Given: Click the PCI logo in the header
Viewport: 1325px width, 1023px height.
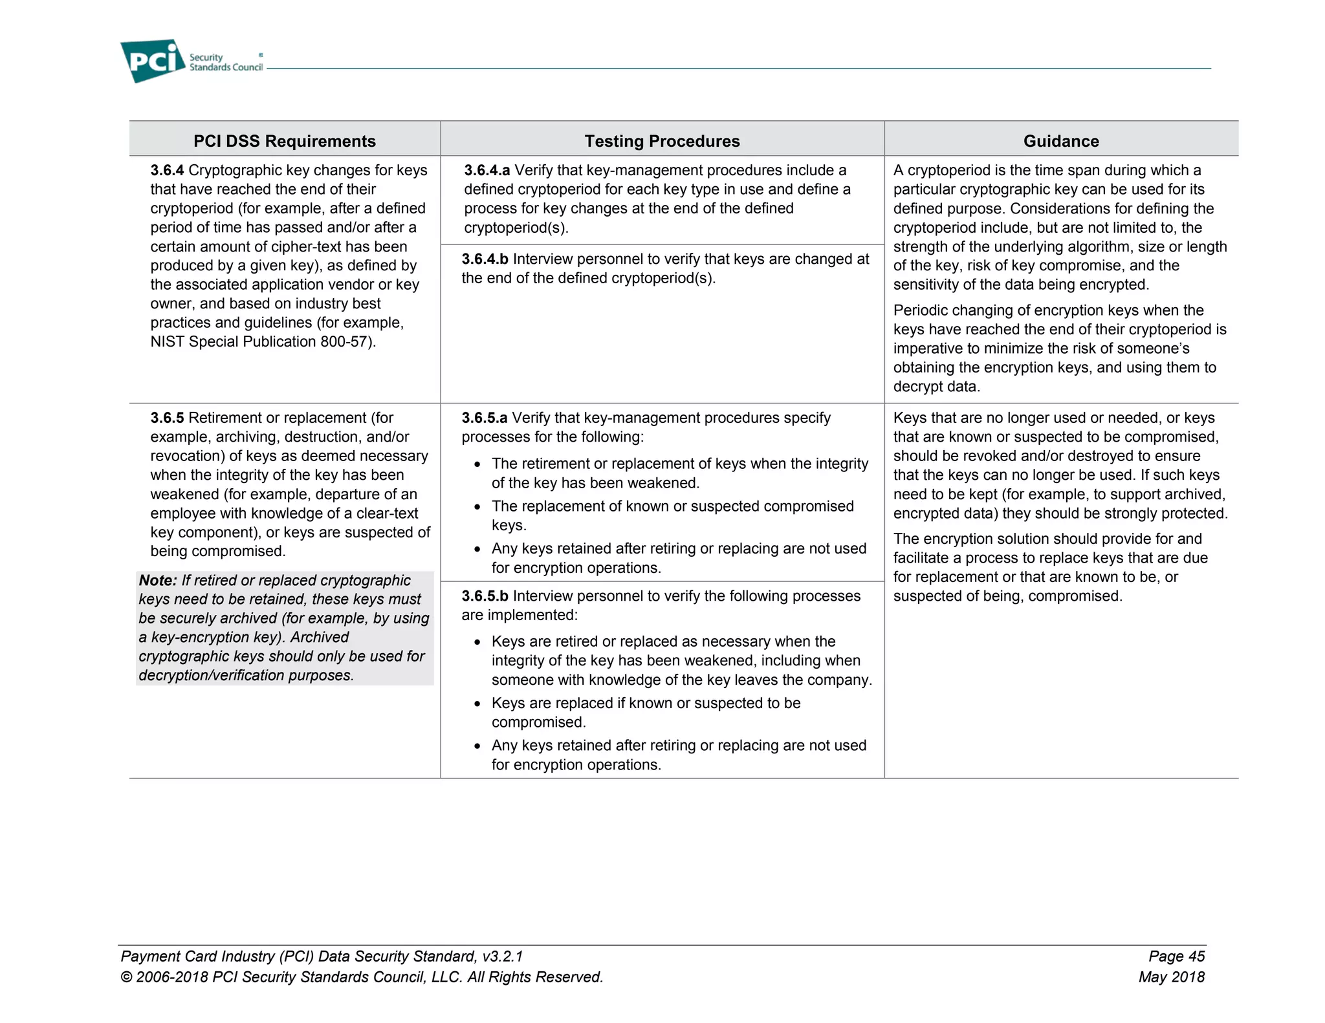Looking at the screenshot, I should pos(153,61).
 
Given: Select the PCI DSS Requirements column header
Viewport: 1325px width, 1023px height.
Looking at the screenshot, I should pos(284,141).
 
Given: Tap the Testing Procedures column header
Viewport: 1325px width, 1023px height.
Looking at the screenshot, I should pos(662,141).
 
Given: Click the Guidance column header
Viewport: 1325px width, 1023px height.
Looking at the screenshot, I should pos(1060,141).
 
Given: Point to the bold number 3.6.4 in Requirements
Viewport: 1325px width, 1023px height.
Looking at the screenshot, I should pos(167,170).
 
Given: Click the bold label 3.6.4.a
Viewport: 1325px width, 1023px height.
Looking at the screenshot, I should pos(487,170).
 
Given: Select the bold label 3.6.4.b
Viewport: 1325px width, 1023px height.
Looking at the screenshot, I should pos(485,259).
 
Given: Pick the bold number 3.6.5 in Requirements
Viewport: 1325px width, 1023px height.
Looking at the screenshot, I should pos(167,418).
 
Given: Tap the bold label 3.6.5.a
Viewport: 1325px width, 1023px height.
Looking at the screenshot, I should pos(484,418).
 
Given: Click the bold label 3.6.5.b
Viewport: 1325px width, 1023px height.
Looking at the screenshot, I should pos(485,596).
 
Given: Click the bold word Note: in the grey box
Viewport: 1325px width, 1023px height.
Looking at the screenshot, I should pos(158,581).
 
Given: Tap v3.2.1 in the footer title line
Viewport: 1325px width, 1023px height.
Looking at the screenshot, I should pos(503,956).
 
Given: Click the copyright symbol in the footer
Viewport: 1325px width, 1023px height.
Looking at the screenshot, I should pos(126,977).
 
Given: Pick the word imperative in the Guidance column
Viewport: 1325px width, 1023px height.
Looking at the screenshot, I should pos(928,349).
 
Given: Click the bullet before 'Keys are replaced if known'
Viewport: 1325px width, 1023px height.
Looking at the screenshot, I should pos(477,704).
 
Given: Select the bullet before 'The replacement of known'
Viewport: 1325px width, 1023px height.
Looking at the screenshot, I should pos(477,508).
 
